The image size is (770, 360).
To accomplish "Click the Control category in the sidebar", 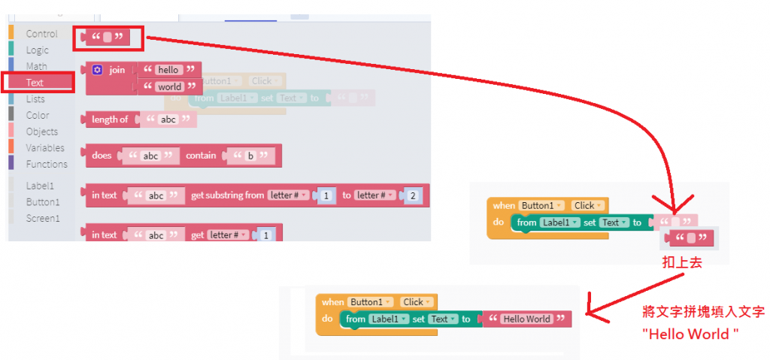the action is coord(41,34).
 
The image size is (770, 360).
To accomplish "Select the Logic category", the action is coord(37,50).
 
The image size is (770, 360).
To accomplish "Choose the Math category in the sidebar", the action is coord(36,67).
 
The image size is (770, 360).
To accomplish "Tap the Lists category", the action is coord(35,99).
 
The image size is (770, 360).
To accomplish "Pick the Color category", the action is coord(38,116).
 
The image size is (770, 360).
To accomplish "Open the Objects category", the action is coord(41,132).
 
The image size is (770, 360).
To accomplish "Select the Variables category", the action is coord(45,148).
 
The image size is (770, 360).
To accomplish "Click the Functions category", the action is coord(47,165).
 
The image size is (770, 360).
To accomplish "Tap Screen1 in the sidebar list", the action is coord(42,219).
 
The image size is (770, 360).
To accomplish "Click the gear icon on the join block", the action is coord(97,70).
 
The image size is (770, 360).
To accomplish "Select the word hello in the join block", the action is coord(168,70).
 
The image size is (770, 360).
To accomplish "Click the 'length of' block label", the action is coord(110,119).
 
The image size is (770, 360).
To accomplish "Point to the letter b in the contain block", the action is coord(250,156).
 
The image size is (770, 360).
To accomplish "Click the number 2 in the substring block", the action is coord(414,195).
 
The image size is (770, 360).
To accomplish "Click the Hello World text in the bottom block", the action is coord(526,319).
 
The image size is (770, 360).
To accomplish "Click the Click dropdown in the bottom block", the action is coord(416,302).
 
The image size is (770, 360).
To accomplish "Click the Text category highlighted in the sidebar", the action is coord(35,83).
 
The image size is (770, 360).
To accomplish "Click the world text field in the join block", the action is coord(169,87).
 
